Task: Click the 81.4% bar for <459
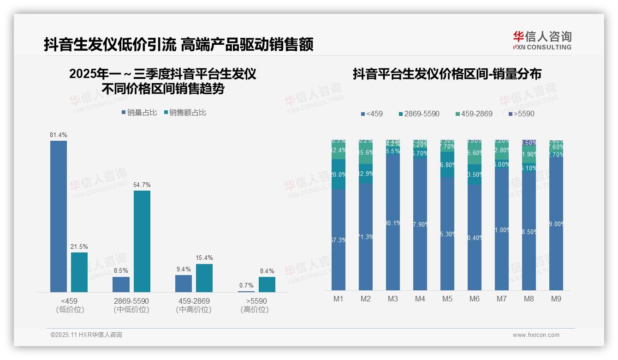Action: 59,216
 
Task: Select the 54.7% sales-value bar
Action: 142,241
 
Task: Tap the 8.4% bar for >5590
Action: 267,284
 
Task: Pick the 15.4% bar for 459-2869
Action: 204,278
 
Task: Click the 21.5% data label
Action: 79,247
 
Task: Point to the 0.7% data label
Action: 246,286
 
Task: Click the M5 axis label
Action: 447,299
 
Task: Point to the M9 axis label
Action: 556,299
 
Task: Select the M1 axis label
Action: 339,299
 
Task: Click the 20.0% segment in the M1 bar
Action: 339,174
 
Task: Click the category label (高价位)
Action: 254,310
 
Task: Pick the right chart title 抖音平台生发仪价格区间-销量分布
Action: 447,74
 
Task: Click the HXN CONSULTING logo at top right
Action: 542,41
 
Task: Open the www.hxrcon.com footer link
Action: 536,335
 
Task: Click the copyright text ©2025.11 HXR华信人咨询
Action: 86,335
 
